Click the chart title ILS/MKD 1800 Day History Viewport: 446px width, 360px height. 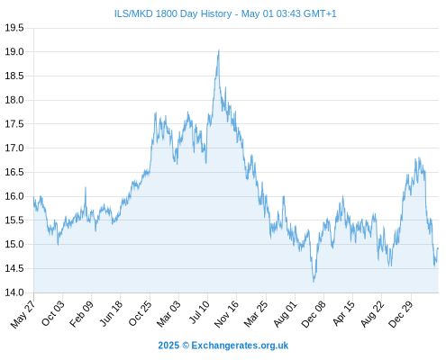[x=173, y=13]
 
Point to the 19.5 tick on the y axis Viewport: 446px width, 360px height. [x=14, y=28]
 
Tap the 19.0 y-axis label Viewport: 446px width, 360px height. [x=14, y=52]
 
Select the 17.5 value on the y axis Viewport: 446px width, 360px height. [x=14, y=124]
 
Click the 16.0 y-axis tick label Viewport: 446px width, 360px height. [x=14, y=196]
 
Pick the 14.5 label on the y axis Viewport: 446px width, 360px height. [x=14, y=268]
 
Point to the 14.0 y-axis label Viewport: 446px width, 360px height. [x=14, y=292]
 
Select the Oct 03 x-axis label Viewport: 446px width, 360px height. [x=52, y=313]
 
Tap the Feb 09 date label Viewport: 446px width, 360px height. [x=81, y=313]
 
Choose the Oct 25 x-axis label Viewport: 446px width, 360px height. [x=140, y=313]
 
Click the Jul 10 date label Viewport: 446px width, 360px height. [x=198, y=312]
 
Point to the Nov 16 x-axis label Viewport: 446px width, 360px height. [x=226, y=313]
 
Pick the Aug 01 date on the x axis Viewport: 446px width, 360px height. [x=285, y=313]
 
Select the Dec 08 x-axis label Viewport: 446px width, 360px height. [x=314, y=314]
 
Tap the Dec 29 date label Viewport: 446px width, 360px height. [x=400, y=314]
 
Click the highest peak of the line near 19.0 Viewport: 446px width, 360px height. [x=219, y=49]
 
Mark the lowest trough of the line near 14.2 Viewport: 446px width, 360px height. [x=314, y=282]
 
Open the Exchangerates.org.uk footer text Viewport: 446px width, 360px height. [x=240, y=346]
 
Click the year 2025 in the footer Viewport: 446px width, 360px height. [x=168, y=346]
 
